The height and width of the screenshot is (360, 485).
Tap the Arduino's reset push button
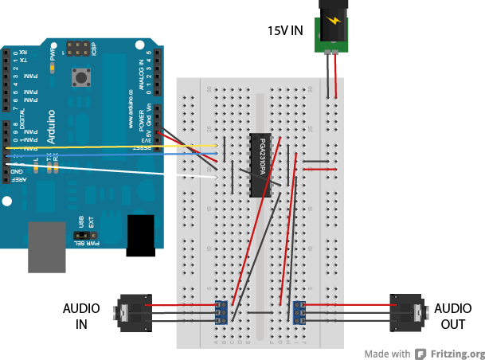tap(80, 77)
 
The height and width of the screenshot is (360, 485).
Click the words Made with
tap(388, 354)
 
